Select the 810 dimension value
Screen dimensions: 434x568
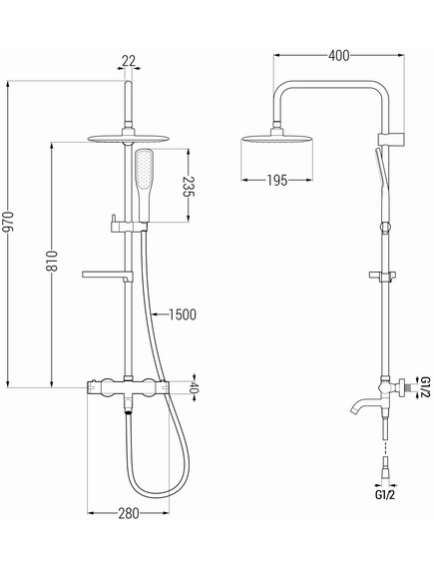click(52, 261)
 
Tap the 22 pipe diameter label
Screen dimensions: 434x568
click(129, 61)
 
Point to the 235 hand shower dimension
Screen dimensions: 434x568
click(189, 187)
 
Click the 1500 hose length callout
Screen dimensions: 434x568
click(183, 314)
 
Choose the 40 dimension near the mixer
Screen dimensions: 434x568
click(195, 388)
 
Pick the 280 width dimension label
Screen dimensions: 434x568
click(128, 513)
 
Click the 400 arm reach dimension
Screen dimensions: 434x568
click(339, 56)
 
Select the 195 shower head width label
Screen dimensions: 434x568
click(277, 180)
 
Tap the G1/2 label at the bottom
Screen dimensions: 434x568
click(385, 495)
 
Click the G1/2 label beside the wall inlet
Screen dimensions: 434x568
click(425, 387)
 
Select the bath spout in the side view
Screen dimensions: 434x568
click(365, 405)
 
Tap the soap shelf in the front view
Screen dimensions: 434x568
click(108, 276)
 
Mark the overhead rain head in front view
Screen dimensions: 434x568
click(128, 138)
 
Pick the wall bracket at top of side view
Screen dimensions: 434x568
click(391, 140)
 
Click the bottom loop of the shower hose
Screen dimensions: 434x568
click(158, 488)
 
